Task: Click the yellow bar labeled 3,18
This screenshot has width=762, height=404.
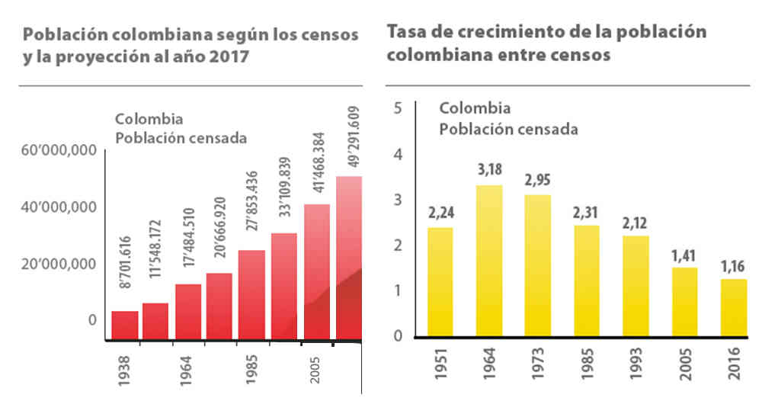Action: coord(489,259)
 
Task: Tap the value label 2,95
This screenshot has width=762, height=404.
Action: coord(538,181)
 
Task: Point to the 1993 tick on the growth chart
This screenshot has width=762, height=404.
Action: coord(636,369)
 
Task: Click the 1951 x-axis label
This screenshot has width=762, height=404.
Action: coord(440,369)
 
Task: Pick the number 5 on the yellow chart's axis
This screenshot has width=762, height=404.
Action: coord(396,107)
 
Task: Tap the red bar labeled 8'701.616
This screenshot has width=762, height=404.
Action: coord(125,324)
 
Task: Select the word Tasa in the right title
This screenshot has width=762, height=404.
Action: coord(407,33)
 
